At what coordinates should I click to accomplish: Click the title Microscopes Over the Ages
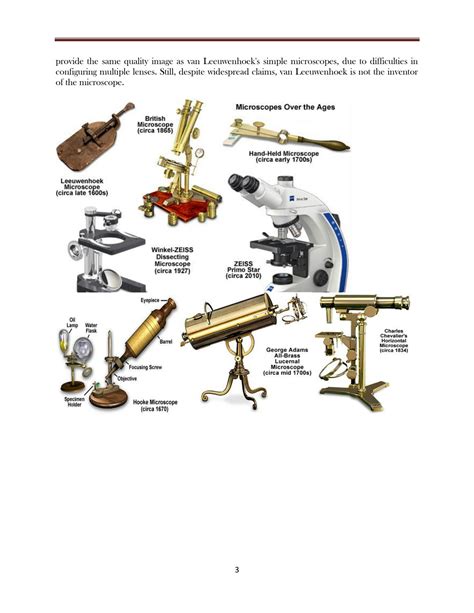285,107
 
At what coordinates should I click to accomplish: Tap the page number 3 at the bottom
237,570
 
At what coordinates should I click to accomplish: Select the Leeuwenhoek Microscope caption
82,187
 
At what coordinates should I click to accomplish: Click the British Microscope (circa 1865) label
155,124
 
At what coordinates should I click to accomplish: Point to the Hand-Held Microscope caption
284,156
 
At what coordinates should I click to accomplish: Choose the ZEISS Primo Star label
243,270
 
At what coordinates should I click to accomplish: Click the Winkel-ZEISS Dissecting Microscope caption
172,260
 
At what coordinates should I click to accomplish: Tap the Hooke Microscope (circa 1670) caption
155,405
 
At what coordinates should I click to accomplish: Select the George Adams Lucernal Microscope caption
287,361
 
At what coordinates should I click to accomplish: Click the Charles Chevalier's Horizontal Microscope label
393,341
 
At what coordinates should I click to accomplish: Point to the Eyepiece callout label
150,300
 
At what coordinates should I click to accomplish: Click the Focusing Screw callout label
145,367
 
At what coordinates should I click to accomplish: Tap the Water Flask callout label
91,328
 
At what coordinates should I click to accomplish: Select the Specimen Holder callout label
74,402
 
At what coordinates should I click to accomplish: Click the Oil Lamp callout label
72,322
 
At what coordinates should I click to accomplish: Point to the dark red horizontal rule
237,39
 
